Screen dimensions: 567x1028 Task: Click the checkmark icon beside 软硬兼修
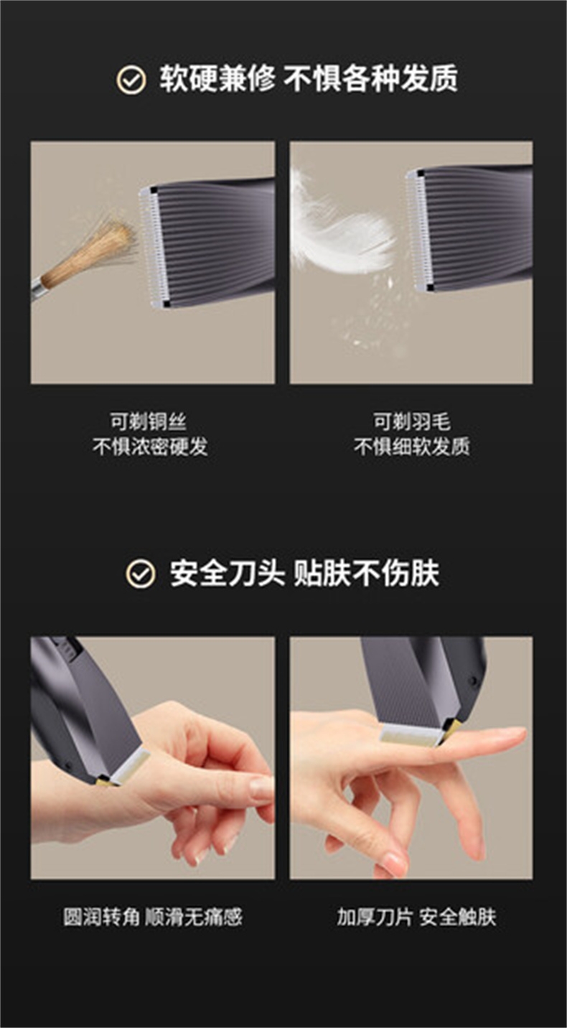point(131,80)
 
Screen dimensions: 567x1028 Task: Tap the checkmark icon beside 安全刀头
point(141,574)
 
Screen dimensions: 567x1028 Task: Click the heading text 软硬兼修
point(217,79)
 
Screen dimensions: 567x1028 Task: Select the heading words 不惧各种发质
point(370,79)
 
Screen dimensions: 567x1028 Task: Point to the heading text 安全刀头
point(227,573)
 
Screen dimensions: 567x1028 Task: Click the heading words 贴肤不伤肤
point(366,573)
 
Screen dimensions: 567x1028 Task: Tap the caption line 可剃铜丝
point(148,422)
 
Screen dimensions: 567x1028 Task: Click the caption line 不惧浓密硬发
point(150,446)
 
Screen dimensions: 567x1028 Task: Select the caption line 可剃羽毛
point(411,422)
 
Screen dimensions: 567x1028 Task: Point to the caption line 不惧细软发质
point(411,446)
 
